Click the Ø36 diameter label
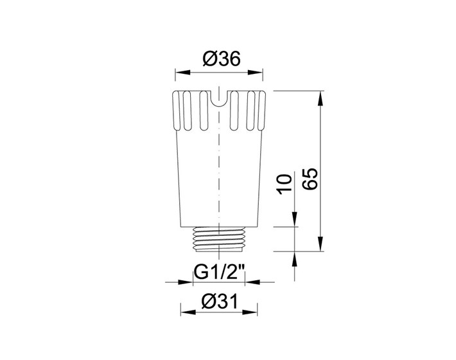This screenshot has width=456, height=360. point(222,59)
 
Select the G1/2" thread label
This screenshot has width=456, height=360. point(219,273)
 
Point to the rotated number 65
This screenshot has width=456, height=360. point(310,179)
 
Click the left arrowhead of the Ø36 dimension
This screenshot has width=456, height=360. point(182,72)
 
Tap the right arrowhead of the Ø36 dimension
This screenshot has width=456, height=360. point(255,72)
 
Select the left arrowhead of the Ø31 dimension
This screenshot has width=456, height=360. point(188,312)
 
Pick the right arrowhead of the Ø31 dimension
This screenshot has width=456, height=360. point(250,312)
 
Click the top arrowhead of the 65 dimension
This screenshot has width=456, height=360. point(320,98)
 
